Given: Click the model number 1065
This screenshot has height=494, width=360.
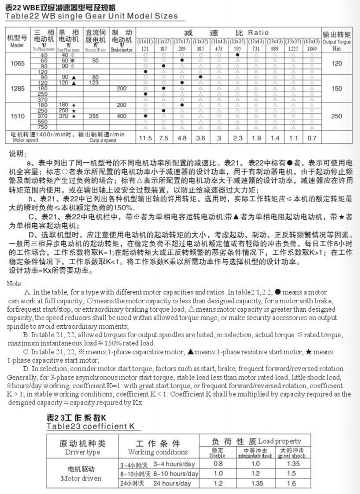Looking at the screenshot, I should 16,63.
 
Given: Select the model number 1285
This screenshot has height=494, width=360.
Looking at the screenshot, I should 16,88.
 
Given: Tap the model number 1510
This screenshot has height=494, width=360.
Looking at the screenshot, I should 16,115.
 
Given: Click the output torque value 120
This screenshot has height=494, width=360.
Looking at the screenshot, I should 336,63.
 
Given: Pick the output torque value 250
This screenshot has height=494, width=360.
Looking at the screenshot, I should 336,115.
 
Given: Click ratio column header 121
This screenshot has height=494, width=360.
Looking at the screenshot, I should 145,49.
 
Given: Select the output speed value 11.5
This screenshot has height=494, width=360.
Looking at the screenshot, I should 145,138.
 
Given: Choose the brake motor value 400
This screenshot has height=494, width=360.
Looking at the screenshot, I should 121,116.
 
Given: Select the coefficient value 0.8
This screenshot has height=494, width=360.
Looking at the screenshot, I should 217,464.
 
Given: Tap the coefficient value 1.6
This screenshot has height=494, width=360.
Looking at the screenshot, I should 291,483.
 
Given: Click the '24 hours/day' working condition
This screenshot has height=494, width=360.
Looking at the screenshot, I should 172,483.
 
